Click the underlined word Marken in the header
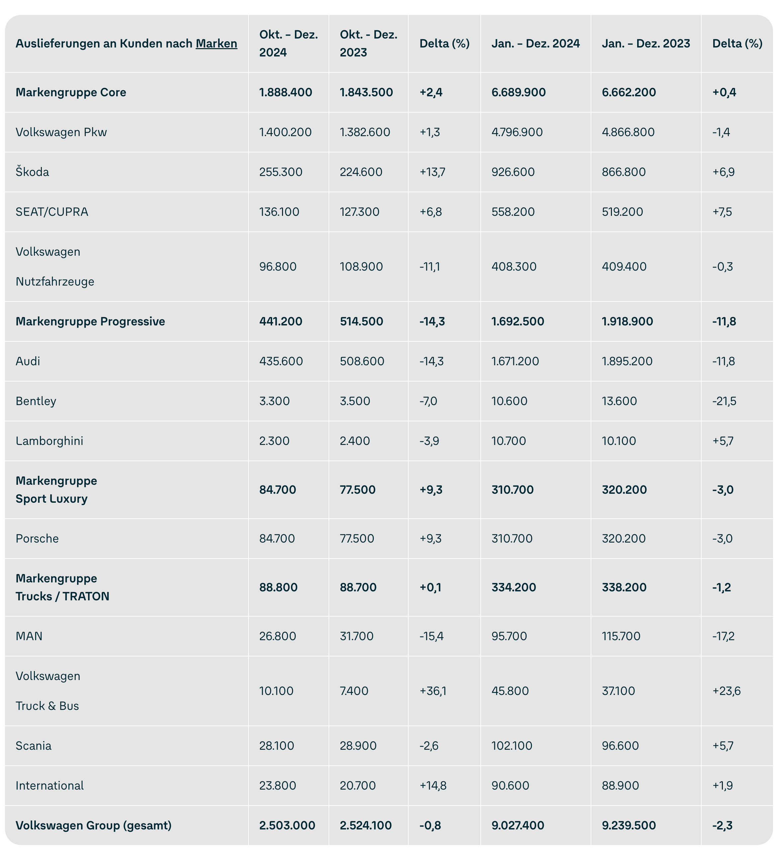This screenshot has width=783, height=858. [216, 43]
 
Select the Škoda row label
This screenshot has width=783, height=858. [32, 172]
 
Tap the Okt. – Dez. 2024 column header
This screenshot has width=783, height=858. [288, 43]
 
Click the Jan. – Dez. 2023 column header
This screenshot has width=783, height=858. [645, 43]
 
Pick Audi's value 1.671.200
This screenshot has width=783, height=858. [515, 361]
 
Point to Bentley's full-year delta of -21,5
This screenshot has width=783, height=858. [724, 401]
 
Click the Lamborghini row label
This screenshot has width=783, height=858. [49, 441]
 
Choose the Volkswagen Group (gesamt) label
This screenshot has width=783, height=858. [93, 826]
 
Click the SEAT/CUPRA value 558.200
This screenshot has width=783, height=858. [513, 212]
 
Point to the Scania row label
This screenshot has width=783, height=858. [33, 746]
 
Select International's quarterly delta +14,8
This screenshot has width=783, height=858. [433, 786]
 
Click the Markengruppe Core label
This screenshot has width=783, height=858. [71, 92]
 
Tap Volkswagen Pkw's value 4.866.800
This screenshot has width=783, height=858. [628, 132]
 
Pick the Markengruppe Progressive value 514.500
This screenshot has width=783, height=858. [361, 321]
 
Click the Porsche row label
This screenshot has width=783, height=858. [37, 539]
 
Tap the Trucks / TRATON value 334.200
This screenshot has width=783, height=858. [514, 587]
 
